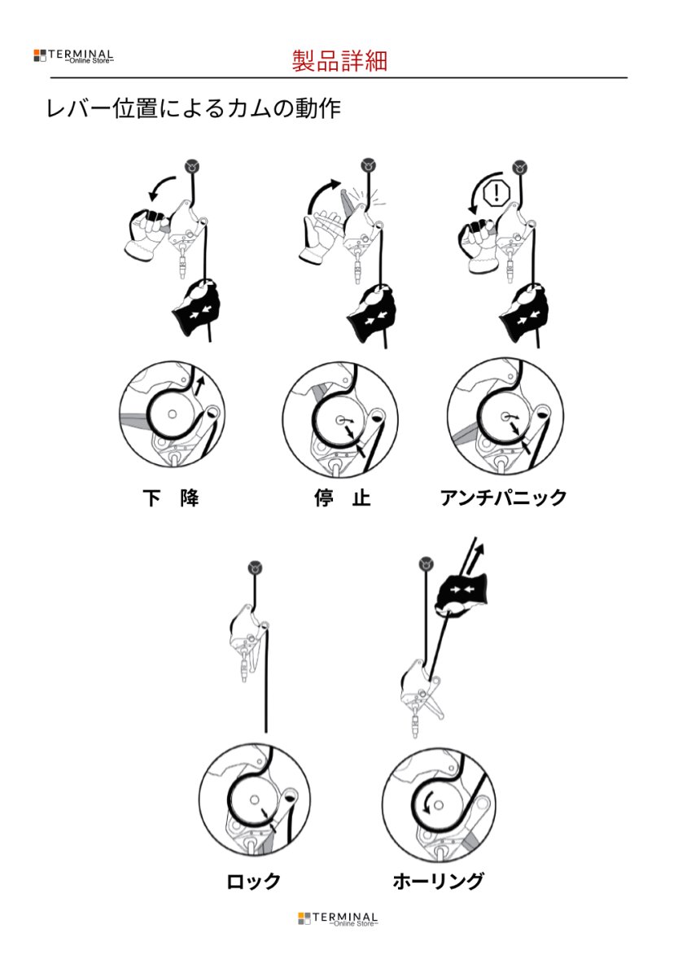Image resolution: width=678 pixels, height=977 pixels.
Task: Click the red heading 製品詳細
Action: (339, 60)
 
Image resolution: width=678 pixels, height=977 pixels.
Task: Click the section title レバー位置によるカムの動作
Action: (193, 109)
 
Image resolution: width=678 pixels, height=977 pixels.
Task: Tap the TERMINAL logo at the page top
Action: (74, 56)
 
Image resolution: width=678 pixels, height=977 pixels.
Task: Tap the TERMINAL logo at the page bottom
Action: (338, 919)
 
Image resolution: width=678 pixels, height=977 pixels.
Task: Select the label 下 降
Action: (171, 498)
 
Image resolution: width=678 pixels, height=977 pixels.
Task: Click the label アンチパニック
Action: (503, 498)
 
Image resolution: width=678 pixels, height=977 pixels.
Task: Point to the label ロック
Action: (254, 881)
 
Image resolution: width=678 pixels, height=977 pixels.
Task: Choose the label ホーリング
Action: (438, 881)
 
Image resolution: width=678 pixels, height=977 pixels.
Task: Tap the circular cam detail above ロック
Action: (255, 801)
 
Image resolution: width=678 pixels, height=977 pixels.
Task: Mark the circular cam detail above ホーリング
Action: (438, 801)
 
